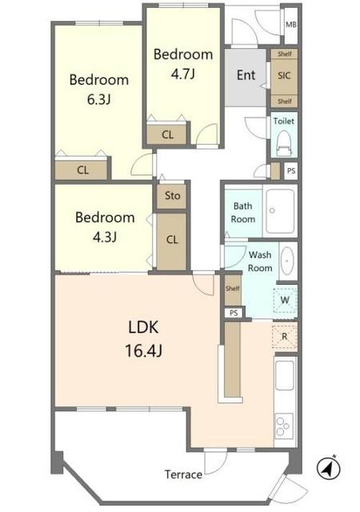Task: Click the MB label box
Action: [x=290, y=25]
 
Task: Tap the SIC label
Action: [x=284, y=76]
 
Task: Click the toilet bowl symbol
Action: [x=284, y=143]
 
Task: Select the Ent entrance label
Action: [x=246, y=75]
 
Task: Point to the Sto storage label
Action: [x=172, y=195]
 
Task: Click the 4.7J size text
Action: [x=182, y=74]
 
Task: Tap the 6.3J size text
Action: [x=98, y=99]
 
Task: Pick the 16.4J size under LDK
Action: [x=143, y=351]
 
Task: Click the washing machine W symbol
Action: [x=285, y=300]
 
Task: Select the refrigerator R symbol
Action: [x=285, y=336]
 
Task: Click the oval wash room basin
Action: [x=287, y=261]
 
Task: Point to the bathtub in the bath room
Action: [x=280, y=211]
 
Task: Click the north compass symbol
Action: [x=328, y=469]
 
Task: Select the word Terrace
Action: [x=183, y=474]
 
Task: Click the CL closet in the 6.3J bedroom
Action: [x=82, y=170]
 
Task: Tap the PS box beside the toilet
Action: [x=291, y=170]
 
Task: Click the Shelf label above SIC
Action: [x=285, y=54]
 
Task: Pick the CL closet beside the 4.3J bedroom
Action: [x=172, y=241]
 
